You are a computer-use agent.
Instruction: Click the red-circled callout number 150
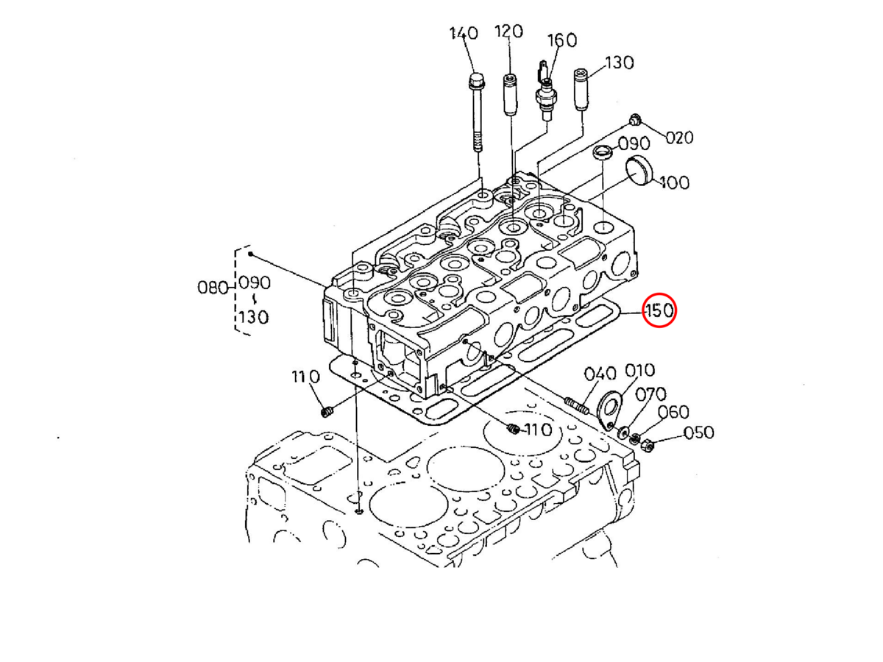tap(659, 311)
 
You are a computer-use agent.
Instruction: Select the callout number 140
tap(464, 34)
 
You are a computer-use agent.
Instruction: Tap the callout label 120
tap(508, 32)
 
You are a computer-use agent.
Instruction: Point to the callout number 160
tap(563, 40)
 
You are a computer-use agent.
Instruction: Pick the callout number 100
tap(674, 182)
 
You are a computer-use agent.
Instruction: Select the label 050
tap(698, 433)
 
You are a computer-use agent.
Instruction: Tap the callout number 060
tap(673, 412)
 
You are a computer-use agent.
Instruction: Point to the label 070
tap(651, 394)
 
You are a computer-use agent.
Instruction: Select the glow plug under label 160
tap(545, 92)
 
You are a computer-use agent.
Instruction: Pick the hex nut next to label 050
tap(650, 444)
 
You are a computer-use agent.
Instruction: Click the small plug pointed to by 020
tap(635, 120)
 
